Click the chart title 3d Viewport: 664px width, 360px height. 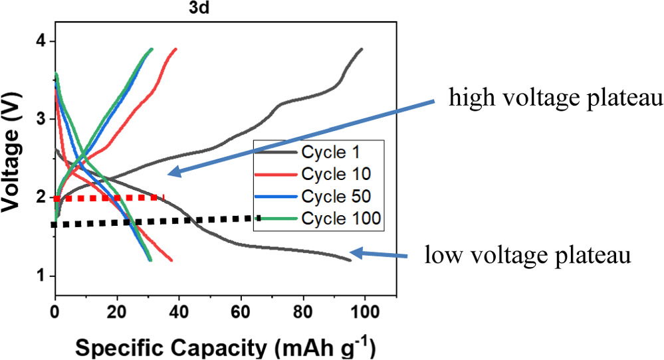225,8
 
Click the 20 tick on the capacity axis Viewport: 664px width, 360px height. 117,309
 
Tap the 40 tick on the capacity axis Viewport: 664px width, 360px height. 179,309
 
